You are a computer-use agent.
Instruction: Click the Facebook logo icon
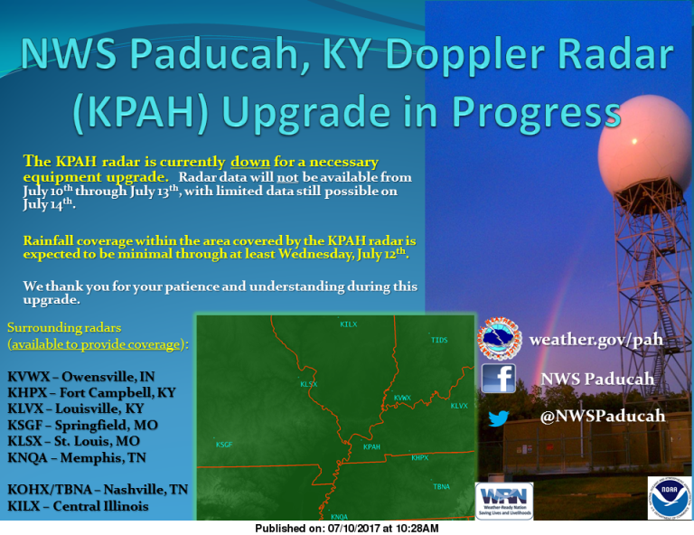[498, 378]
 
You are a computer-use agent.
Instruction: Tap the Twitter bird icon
[498, 418]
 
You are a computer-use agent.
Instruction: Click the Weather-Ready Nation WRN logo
[503, 500]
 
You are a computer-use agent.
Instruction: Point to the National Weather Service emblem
[499, 338]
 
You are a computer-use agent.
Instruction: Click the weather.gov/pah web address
[596, 340]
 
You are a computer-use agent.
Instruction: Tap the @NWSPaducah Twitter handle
[603, 417]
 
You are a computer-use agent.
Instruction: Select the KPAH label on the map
[371, 447]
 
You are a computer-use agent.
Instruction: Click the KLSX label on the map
[309, 384]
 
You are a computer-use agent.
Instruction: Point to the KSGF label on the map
[223, 445]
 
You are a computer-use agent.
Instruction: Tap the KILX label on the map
[348, 324]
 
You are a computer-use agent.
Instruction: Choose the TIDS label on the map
[439, 340]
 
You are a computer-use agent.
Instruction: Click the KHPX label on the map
[419, 457]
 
